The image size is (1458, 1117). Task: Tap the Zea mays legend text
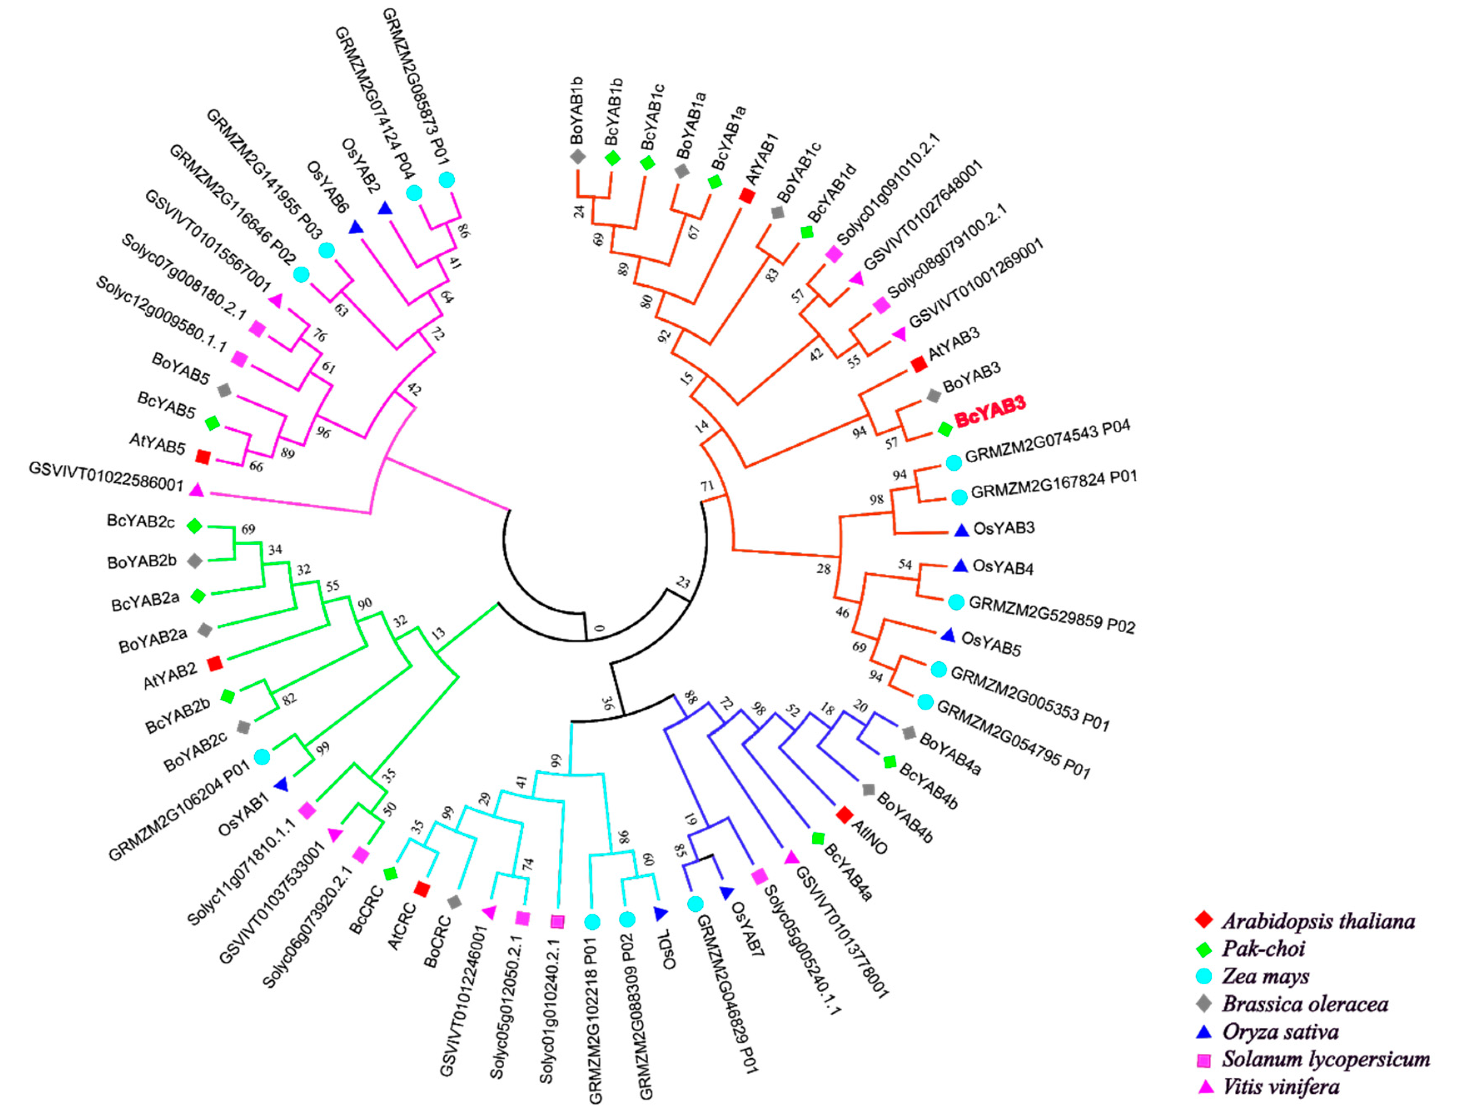tap(1265, 976)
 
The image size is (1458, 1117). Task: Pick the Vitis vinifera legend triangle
tap(1204, 1087)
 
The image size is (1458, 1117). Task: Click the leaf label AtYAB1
tap(761, 159)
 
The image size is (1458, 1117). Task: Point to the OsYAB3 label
tap(1004, 529)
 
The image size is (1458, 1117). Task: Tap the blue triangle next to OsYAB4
tap(960, 566)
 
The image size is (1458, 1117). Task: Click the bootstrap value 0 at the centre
tap(600, 627)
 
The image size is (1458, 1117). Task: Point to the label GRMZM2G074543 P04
tap(1047, 441)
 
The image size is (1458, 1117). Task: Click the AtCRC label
tap(402, 926)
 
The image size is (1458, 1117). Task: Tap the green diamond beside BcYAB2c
tap(194, 526)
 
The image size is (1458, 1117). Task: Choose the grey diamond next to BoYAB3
tap(934, 396)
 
